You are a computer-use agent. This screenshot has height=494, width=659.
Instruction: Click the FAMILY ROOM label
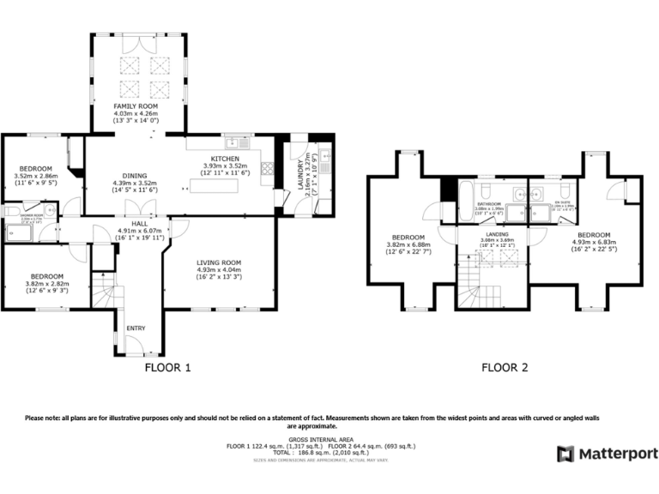point(136,105)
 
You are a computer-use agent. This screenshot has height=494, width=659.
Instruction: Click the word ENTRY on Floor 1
point(136,328)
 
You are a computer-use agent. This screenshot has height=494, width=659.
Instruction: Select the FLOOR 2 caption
point(505,369)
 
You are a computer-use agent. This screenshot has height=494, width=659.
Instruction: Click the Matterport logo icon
point(565,453)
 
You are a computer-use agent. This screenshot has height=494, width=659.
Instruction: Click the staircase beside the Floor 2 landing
point(469,283)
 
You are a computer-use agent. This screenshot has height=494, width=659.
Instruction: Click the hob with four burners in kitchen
point(267,169)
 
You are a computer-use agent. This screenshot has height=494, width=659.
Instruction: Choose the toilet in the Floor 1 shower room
point(12,210)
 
